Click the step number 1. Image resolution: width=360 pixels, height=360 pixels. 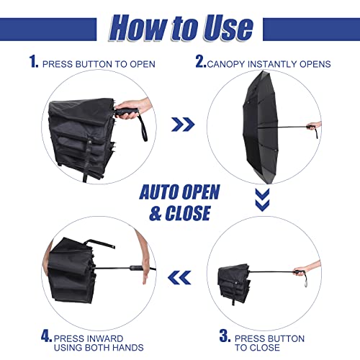point(34,62)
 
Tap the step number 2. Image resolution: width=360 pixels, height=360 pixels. point(201,62)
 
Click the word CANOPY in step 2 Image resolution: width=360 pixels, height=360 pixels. point(227,64)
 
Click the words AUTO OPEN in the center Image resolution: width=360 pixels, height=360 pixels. point(179,192)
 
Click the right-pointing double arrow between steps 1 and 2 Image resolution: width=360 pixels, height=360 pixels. point(182,125)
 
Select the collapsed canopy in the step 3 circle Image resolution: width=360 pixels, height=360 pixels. point(234,282)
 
